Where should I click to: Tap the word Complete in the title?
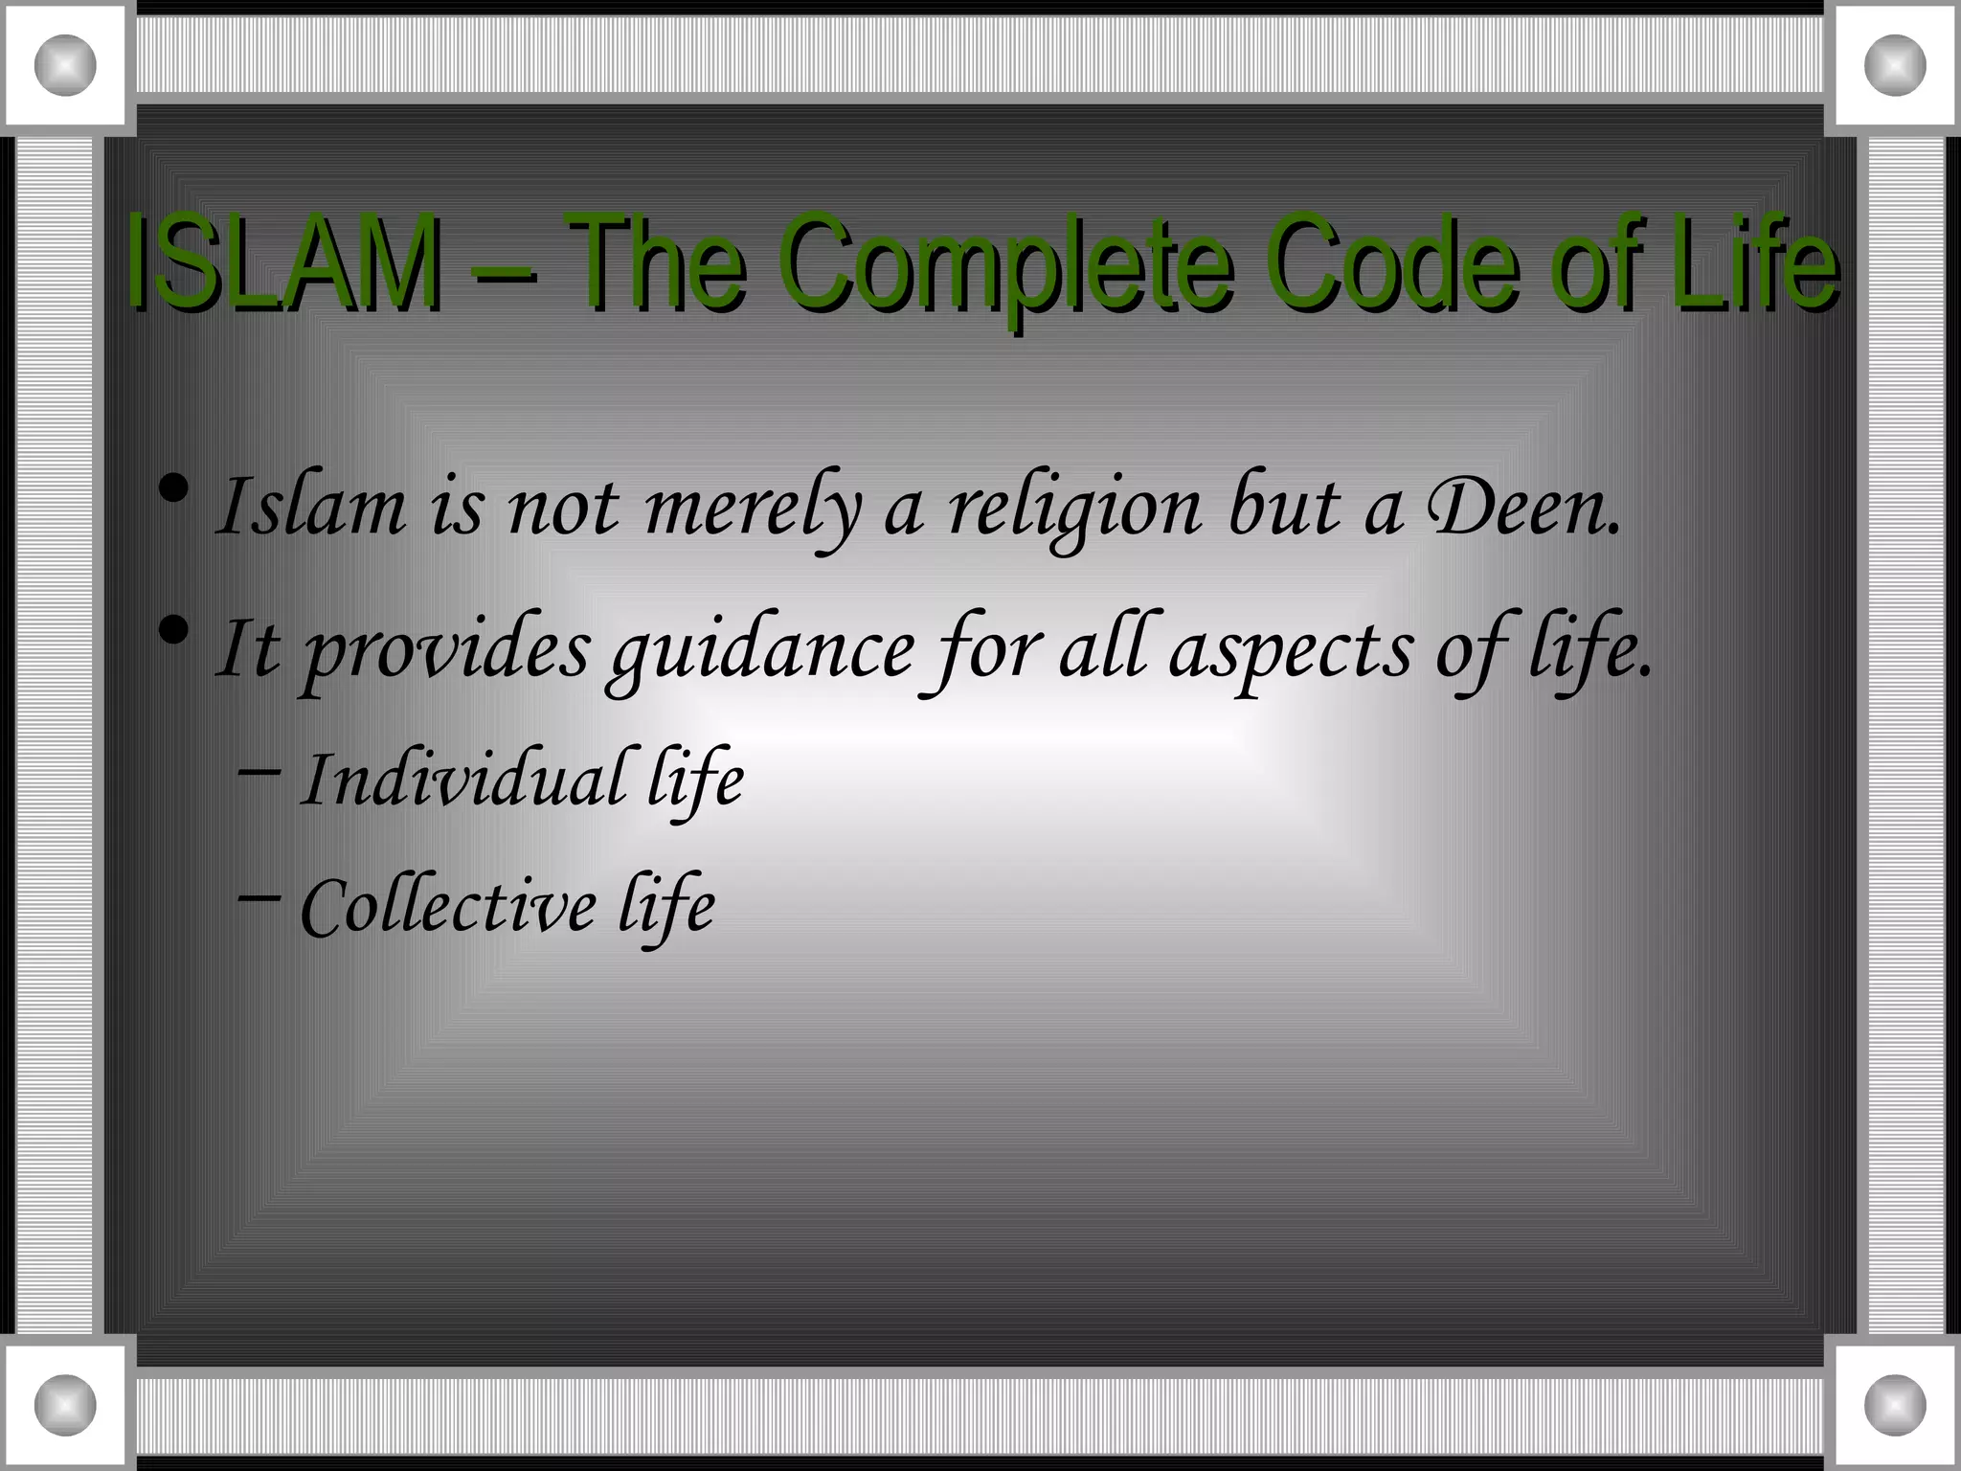point(1009,264)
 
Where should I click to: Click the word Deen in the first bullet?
point(1522,508)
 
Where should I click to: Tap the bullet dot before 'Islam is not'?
point(173,490)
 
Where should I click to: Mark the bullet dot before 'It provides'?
point(173,631)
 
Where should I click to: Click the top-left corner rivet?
point(65,65)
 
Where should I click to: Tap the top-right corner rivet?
point(1895,65)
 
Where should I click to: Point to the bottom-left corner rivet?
point(65,1405)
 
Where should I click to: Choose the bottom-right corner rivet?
point(1895,1405)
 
